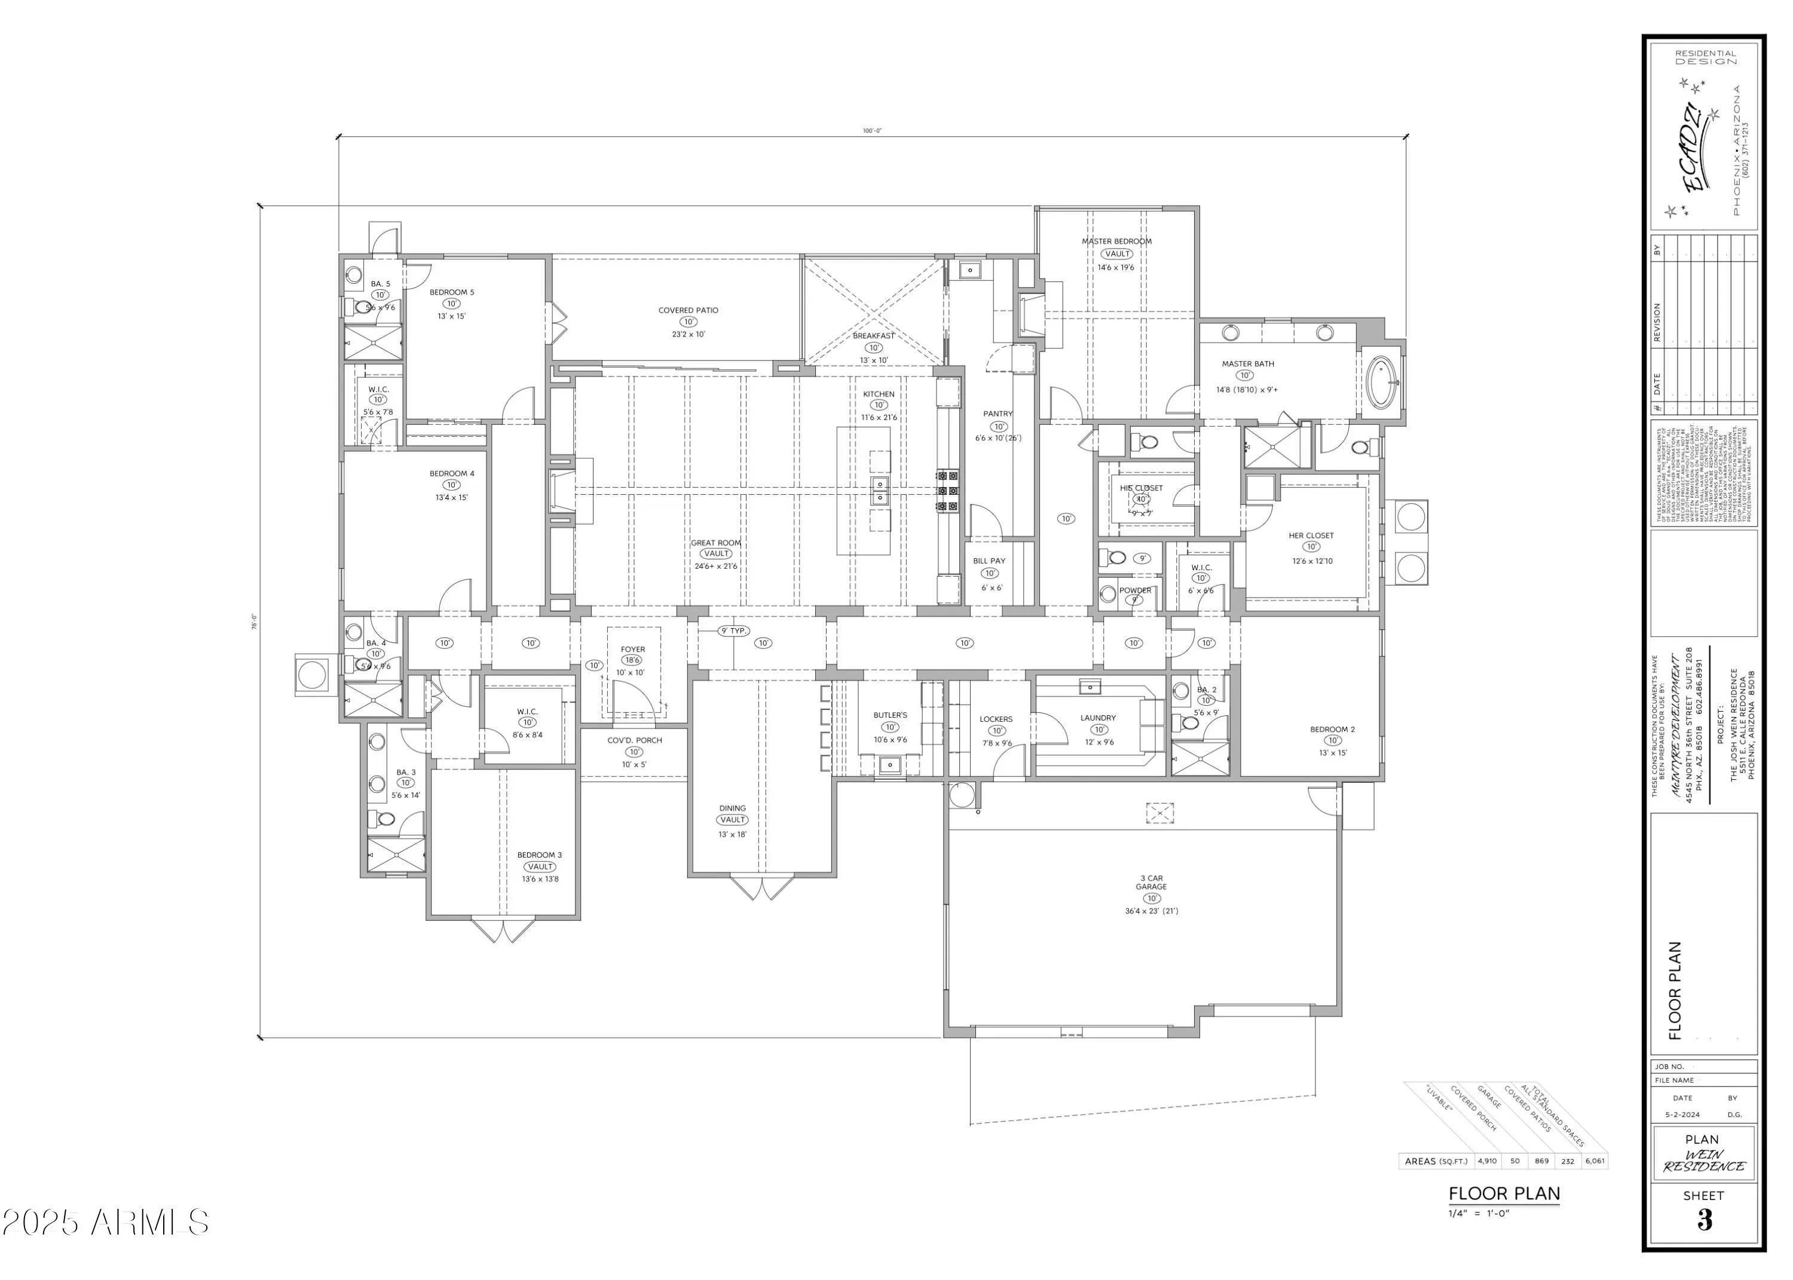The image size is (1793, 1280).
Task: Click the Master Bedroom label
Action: (x=1116, y=241)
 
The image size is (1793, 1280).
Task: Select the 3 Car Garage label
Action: (x=1152, y=882)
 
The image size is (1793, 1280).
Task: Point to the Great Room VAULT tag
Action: (x=715, y=554)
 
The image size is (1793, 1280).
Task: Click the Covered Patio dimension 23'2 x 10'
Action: (x=687, y=334)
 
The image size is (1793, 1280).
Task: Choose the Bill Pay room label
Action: (x=989, y=561)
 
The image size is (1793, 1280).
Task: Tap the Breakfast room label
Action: (x=873, y=336)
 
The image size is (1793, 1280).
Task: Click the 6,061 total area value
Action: (x=1595, y=1161)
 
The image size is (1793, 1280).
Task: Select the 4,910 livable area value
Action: (x=1487, y=1161)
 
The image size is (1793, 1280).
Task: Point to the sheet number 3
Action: (x=1704, y=1221)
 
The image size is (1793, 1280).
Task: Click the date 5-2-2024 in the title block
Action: (x=1682, y=1115)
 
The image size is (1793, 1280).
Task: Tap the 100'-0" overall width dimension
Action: (x=871, y=131)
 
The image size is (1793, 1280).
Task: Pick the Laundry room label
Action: (x=1098, y=718)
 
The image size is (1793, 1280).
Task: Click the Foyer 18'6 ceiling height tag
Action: (x=632, y=660)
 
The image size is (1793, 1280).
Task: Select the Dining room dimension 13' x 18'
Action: (x=732, y=834)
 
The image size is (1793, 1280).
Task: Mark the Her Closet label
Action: (x=1311, y=536)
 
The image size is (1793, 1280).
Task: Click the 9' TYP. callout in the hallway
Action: (x=734, y=631)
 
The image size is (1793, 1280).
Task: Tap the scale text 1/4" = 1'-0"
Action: (x=1478, y=1214)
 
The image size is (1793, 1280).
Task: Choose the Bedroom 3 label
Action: (x=539, y=855)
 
